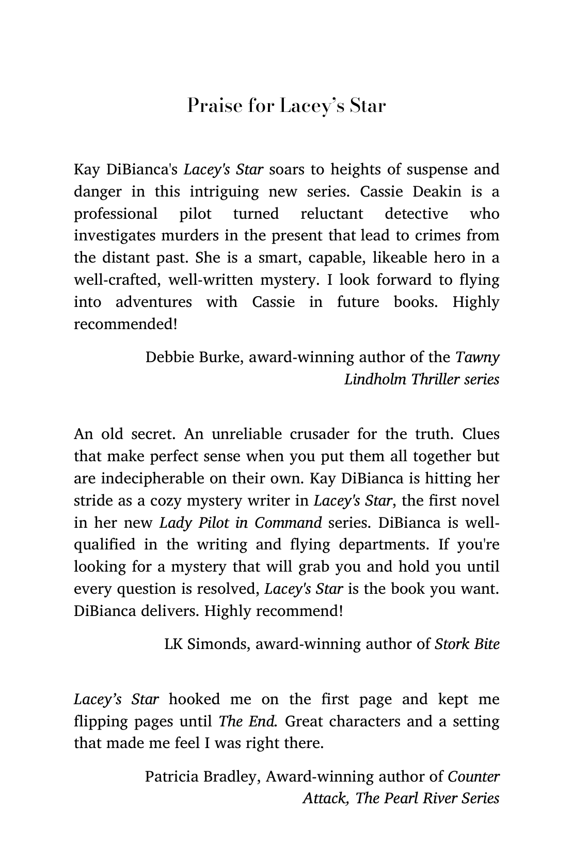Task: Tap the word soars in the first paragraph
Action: point(286,169)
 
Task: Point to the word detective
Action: point(417,214)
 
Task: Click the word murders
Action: point(190,236)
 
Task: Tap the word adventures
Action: point(153,302)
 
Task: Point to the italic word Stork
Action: point(450,644)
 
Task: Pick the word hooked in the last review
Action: point(194,699)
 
